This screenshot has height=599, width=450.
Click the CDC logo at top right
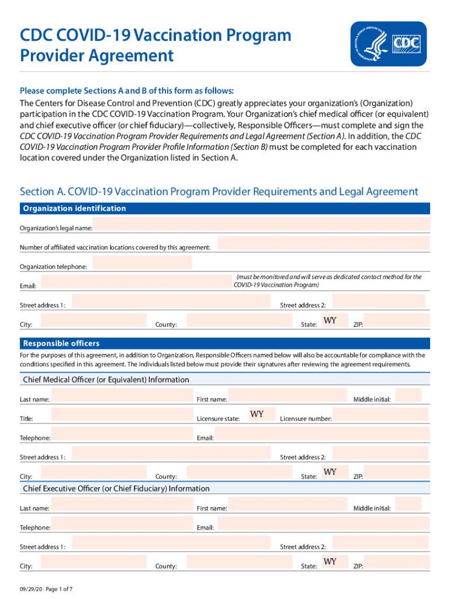pos(388,43)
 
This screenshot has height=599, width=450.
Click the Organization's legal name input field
pos(262,225)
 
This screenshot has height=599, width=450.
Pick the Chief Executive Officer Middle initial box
pos(408,505)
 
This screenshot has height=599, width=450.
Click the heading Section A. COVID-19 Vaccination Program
pos(219,192)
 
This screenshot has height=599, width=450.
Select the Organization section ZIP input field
pos(399,321)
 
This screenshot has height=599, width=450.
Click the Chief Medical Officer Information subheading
pos(106,380)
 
